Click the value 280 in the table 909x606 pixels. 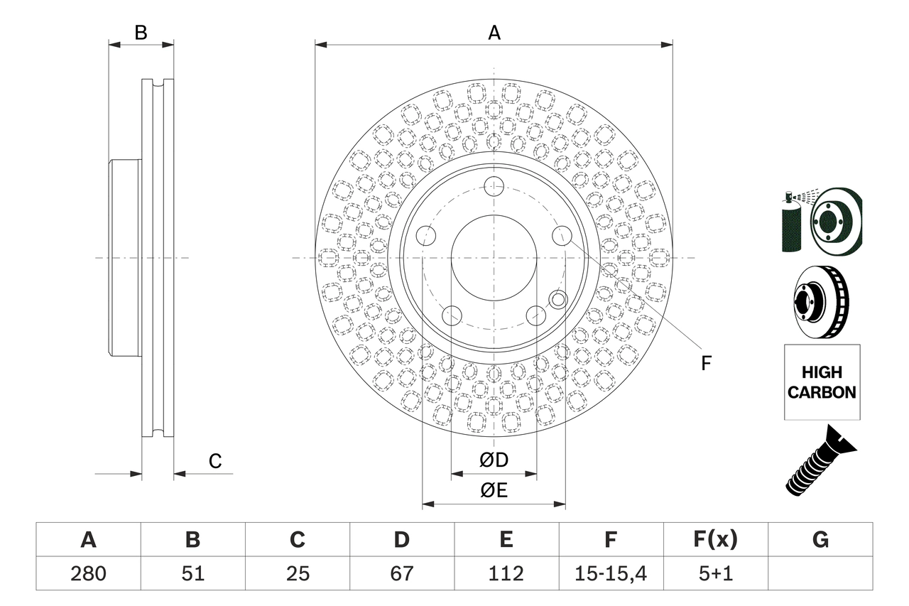[88, 573]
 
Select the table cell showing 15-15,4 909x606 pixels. [611, 573]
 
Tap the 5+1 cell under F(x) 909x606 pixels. [715, 573]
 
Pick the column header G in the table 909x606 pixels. [820, 541]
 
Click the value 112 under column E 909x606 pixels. [506, 573]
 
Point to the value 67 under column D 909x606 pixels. [402, 573]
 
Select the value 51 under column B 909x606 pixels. [192, 573]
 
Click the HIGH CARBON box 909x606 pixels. [822, 382]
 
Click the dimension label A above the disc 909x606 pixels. [494, 33]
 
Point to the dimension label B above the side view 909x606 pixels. [141, 33]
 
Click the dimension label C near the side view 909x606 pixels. [214, 462]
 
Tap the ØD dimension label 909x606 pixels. [494, 460]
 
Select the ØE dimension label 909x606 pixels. [494, 491]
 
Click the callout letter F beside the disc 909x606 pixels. [706, 363]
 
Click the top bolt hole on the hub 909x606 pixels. [494, 187]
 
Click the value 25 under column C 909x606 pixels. [298, 573]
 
